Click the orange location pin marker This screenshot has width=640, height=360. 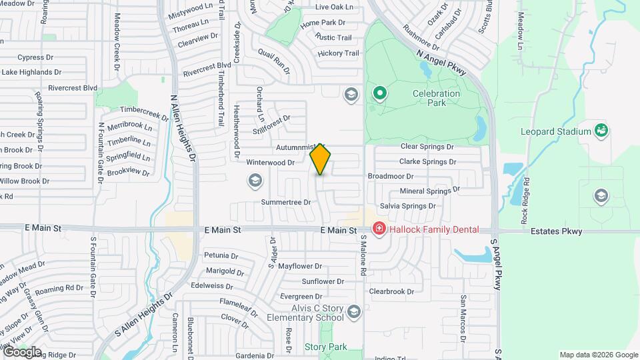click(x=320, y=159)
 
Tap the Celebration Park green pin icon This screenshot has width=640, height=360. click(x=380, y=93)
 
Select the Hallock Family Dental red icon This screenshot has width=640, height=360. click(x=379, y=229)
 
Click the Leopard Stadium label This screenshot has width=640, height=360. click(x=555, y=131)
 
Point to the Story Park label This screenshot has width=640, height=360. click(x=325, y=347)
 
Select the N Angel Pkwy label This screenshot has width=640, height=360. click(x=442, y=61)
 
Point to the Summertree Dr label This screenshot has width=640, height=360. click(x=286, y=202)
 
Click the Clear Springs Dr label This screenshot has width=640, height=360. click(x=427, y=146)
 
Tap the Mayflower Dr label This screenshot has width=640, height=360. click(x=300, y=266)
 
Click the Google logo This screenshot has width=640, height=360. click(x=22, y=352)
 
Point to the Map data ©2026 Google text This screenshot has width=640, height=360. click(x=598, y=355)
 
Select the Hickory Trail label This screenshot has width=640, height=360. click(x=338, y=53)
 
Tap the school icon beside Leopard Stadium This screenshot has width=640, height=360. click(x=601, y=195)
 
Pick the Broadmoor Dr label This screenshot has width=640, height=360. click(x=391, y=177)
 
